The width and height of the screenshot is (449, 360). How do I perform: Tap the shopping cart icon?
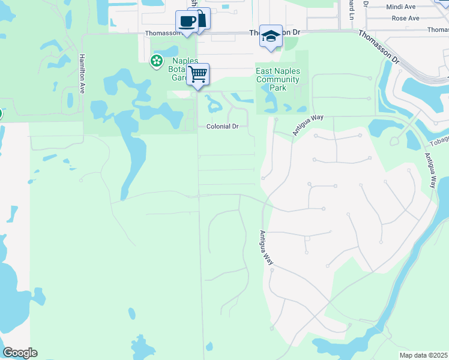[x=197, y=74]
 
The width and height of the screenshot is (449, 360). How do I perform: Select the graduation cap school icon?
[x=271, y=36]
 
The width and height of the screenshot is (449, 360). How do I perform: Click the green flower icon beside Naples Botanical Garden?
[x=157, y=60]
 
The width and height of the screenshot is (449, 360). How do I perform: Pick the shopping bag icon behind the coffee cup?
[x=202, y=17]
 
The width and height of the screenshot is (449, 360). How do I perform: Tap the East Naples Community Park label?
[x=277, y=80]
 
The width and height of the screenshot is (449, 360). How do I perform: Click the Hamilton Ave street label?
[x=82, y=73]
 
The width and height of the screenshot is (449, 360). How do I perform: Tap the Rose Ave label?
[x=405, y=19]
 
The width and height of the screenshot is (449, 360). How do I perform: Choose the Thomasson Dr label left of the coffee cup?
[x=161, y=34]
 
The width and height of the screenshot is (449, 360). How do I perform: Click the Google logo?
[x=20, y=353]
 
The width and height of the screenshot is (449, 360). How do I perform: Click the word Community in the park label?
[x=277, y=80]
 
